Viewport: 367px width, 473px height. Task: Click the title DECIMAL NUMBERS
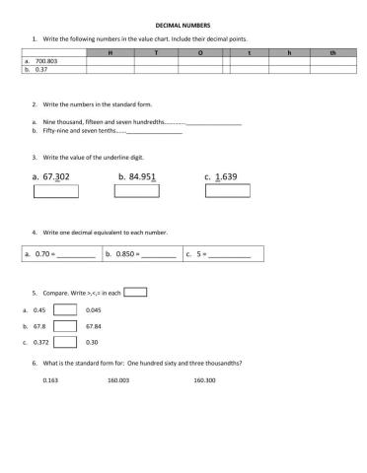183,26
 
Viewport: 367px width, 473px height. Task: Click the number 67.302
50,177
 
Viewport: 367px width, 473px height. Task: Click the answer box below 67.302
54,191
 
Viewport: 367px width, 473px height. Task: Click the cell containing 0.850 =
142,253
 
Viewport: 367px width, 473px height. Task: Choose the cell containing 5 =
223,253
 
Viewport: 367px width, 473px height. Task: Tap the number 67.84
95,326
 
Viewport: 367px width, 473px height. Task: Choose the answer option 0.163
51,379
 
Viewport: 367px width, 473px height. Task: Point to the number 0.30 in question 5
93,342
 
